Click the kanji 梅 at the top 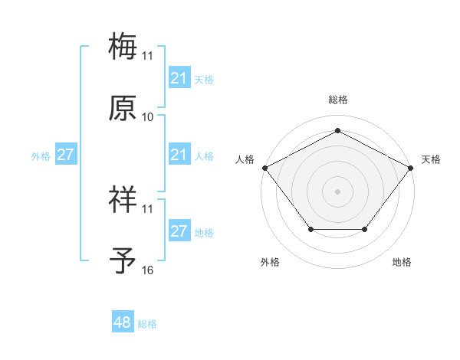(123, 46)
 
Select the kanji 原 (123, 109)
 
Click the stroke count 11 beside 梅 (147, 55)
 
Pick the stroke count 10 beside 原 (147, 116)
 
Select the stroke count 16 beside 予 (147, 270)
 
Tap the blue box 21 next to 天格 (179, 78)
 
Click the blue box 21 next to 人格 (179, 155)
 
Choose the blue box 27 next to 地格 (179, 231)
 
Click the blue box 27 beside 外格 (65, 155)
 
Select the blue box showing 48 (123, 322)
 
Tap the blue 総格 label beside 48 (147, 324)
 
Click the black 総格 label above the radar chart (338, 100)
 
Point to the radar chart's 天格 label (431, 159)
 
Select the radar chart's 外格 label (270, 262)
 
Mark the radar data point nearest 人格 (264, 167)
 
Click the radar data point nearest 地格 (365, 229)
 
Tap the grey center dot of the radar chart (337, 191)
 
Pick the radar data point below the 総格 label (337, 132)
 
